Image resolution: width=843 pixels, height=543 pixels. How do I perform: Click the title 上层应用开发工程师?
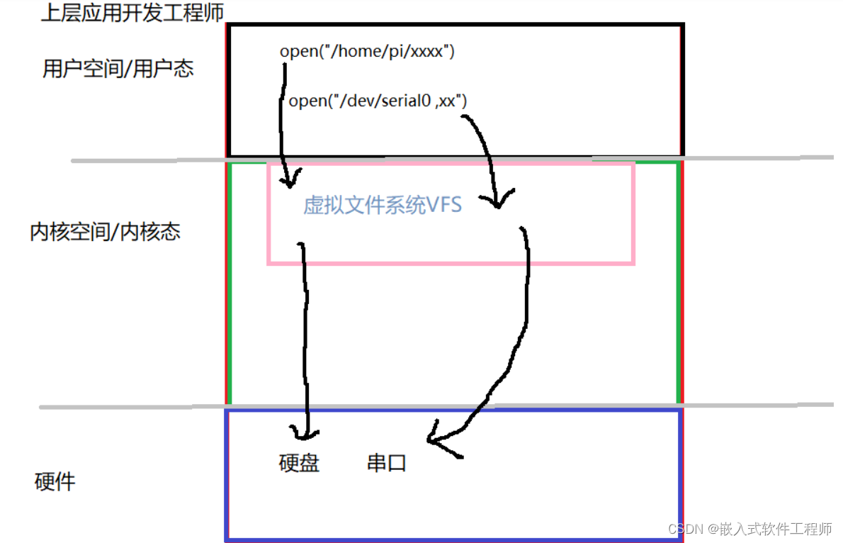[133, 13]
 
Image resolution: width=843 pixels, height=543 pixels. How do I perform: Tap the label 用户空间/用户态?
[118, 69]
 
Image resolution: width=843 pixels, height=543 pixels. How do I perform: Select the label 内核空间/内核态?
[105, 232]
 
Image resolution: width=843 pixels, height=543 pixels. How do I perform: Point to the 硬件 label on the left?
[55, 482]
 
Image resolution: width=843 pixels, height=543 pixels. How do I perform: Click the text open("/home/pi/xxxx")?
[366, 51]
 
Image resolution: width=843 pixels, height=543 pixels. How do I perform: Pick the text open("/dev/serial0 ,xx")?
[378, 101]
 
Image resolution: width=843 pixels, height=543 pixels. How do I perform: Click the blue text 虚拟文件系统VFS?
[383, 206]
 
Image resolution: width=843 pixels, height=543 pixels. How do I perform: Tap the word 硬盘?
[299, 463]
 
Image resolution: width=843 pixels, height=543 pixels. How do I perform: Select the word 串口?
[387, 463]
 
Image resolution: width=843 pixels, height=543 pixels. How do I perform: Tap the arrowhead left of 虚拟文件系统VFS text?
[288, 181]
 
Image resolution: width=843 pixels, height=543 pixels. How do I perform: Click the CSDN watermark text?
[749, 529]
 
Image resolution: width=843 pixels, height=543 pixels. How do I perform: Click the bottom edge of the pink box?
[451, 263]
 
